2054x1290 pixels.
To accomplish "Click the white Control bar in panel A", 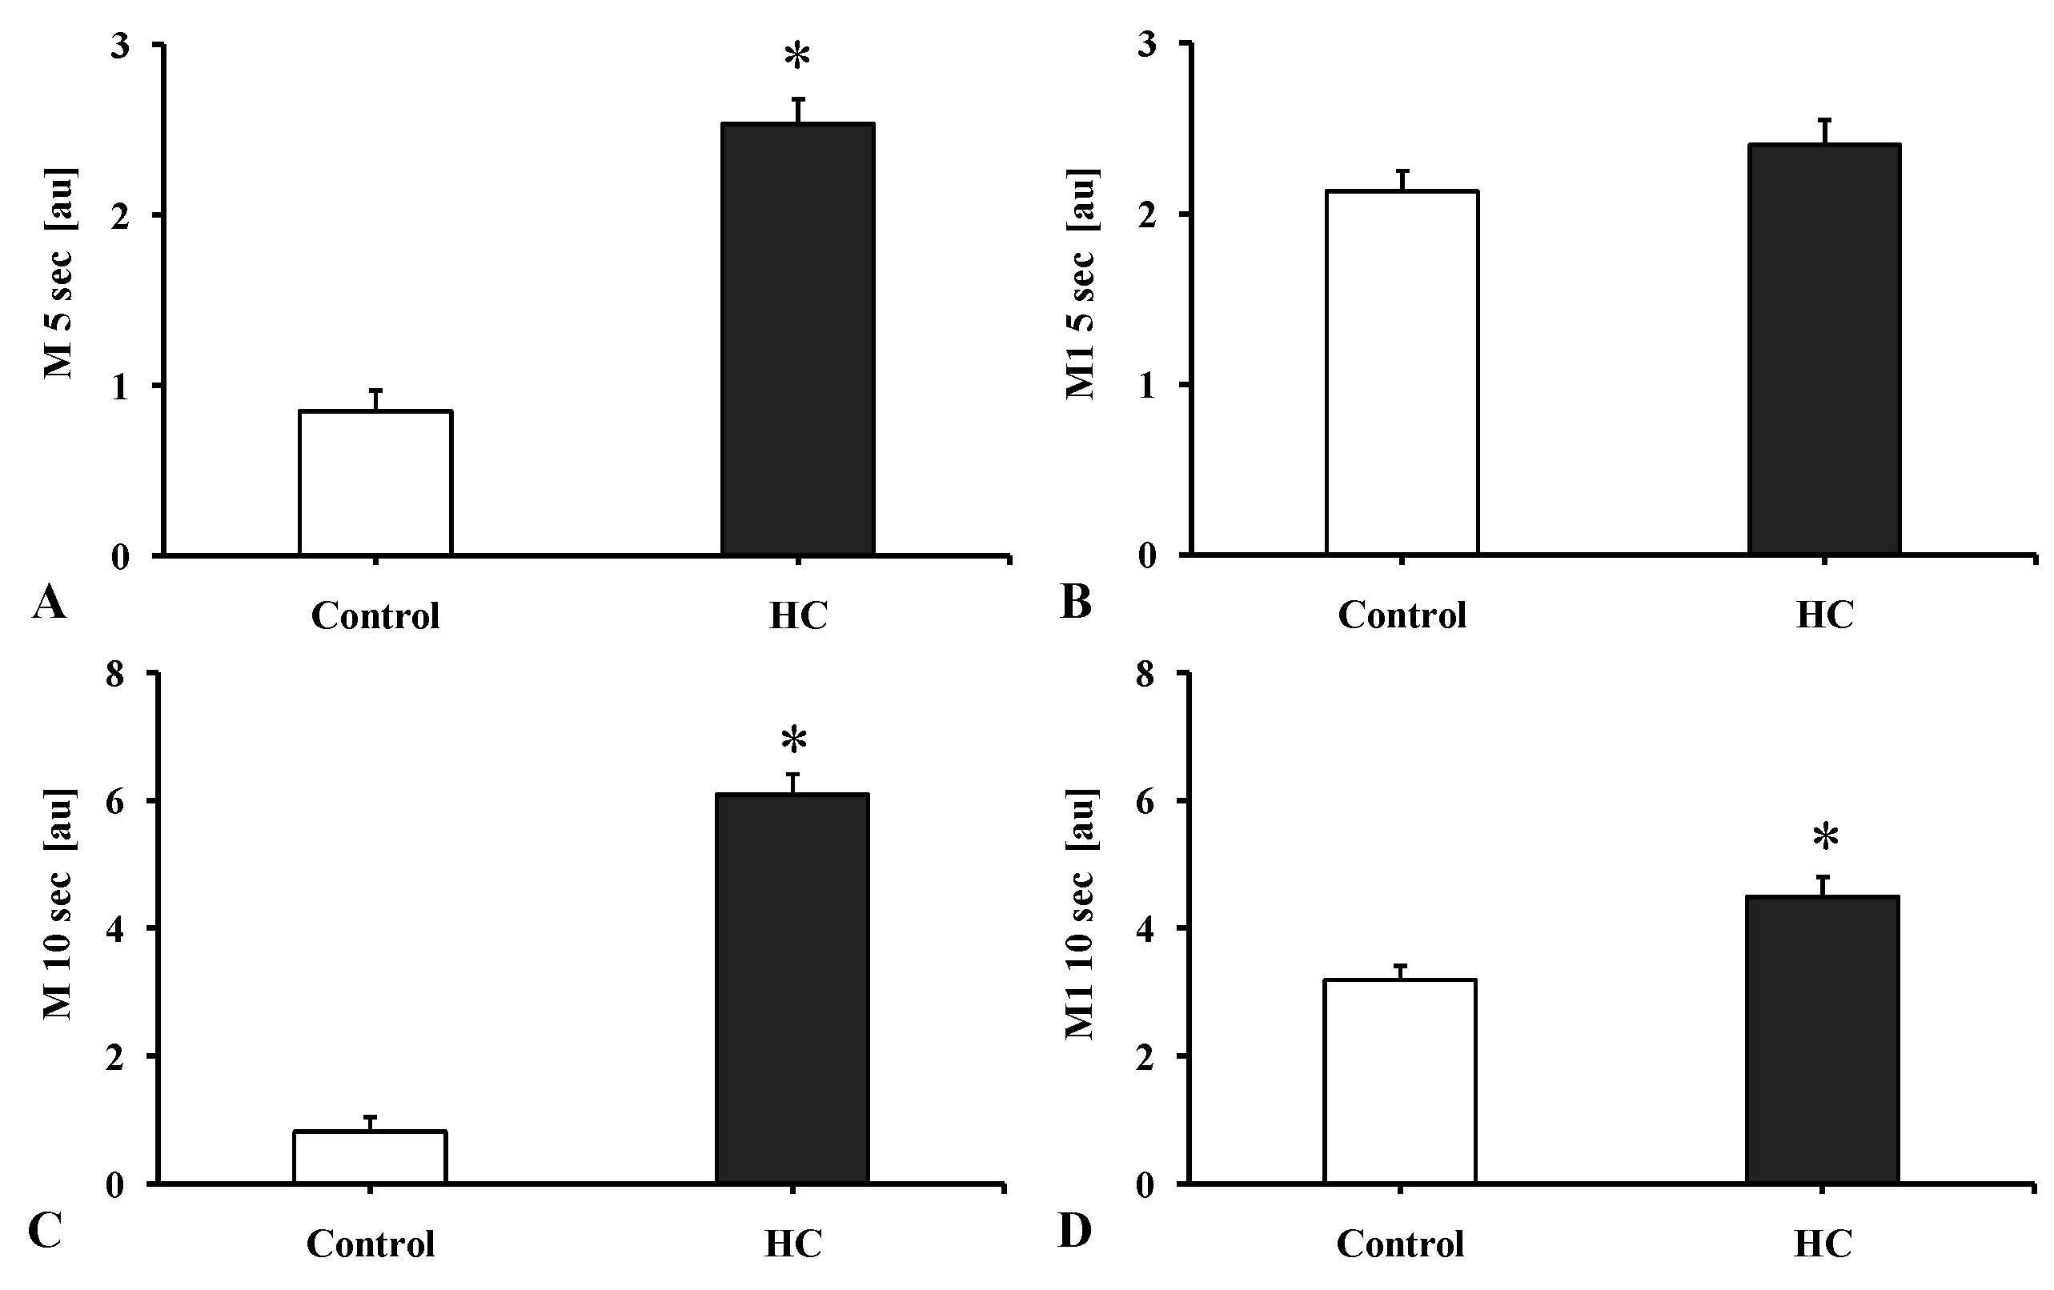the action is click(375, 483).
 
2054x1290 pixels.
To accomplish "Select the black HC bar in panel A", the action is click(797, 339).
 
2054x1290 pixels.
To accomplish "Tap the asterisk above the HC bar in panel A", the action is click(796, 57).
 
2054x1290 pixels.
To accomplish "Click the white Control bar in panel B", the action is click(1402, 373).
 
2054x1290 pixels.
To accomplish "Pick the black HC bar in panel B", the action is click(1824, 350).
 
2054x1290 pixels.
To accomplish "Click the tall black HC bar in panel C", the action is click(792, 988).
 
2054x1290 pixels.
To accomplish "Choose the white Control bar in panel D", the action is click(1400, 1081).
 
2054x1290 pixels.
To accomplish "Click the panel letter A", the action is click(49, 603).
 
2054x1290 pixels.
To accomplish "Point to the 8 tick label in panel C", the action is click(115, 675).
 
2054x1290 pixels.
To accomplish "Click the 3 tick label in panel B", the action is click(1147, 44).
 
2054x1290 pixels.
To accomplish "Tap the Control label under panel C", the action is click(370, 1244).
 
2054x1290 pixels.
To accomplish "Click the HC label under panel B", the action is click(1824, 615).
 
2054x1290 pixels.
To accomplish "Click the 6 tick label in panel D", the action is click(1146, 803).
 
